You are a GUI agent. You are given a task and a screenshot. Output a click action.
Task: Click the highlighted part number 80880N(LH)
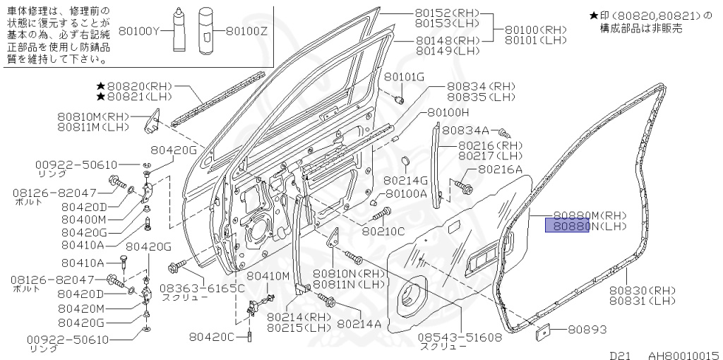click(x=567, y=226)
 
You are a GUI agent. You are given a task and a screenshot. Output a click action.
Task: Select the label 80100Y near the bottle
click(x=141, y=31)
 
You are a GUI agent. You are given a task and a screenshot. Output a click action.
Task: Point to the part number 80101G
click(x=405, y=76)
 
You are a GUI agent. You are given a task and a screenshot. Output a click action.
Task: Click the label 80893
click(x=585, y=330)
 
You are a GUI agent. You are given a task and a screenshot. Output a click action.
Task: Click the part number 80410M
click(x=268, y=275)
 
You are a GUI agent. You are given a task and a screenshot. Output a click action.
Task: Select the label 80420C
click(x=211, y=337)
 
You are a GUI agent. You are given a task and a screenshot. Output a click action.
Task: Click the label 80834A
click(x=465, y=131)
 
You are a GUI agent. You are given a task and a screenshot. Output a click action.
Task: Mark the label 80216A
click(x=500, y=169)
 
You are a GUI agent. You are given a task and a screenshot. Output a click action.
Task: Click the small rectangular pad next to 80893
click(x=545, y=330)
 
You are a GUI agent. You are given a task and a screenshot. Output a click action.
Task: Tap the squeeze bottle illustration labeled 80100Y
click(x=177, y=30)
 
